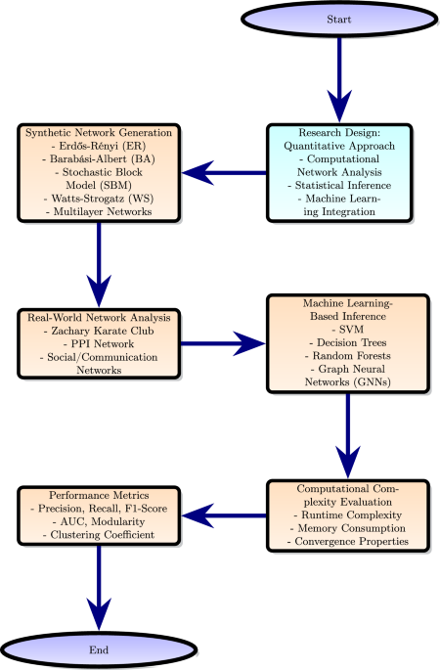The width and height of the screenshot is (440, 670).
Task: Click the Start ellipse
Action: pos(339,20)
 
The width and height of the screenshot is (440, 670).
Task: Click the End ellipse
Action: pos(99,649)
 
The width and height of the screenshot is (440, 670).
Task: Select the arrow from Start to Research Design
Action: pos(339,80)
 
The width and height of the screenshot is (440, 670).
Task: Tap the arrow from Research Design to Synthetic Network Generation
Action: pos(224,173)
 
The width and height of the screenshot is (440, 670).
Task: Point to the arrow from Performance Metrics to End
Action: pos(99,588)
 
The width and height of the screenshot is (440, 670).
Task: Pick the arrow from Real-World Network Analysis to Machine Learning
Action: pos(223,343)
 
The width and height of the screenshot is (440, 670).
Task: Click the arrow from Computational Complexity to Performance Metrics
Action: pos(224,515)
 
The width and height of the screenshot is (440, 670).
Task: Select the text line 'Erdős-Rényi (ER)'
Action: pos(99,146)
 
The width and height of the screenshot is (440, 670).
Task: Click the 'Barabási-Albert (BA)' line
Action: pos(99,159)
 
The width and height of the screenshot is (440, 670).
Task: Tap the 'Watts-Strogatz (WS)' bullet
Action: pos(99,199)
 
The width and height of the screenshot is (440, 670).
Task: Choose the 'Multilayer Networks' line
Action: pos(99,212)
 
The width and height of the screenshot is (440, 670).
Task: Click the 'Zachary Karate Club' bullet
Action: pos(99,332)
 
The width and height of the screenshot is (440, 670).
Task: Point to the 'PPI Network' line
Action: pos(99,344)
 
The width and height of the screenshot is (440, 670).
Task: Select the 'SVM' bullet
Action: pos(348,330)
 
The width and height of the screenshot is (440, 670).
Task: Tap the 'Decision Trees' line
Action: pos(348,342)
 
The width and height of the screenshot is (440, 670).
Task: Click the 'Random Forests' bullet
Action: pos(348,356)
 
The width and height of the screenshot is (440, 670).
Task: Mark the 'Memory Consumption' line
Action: pos(348,528)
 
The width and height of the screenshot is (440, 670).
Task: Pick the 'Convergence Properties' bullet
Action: pos(348,542)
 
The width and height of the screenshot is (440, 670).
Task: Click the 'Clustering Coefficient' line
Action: pos(99,535)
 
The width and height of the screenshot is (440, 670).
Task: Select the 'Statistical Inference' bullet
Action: pos(339,186)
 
